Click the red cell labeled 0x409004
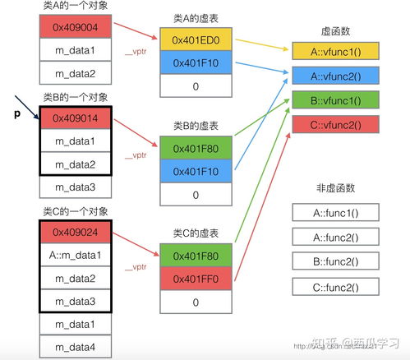point(76,28)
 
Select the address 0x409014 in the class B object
point(76,118)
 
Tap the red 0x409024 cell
point(76,233)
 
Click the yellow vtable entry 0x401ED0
point(196,39)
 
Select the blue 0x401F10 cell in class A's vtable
point(196,62)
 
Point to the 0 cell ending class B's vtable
point(196,195)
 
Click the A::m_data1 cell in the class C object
point(76,256)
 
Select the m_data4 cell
point(76,348)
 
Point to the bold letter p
point(16,114)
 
